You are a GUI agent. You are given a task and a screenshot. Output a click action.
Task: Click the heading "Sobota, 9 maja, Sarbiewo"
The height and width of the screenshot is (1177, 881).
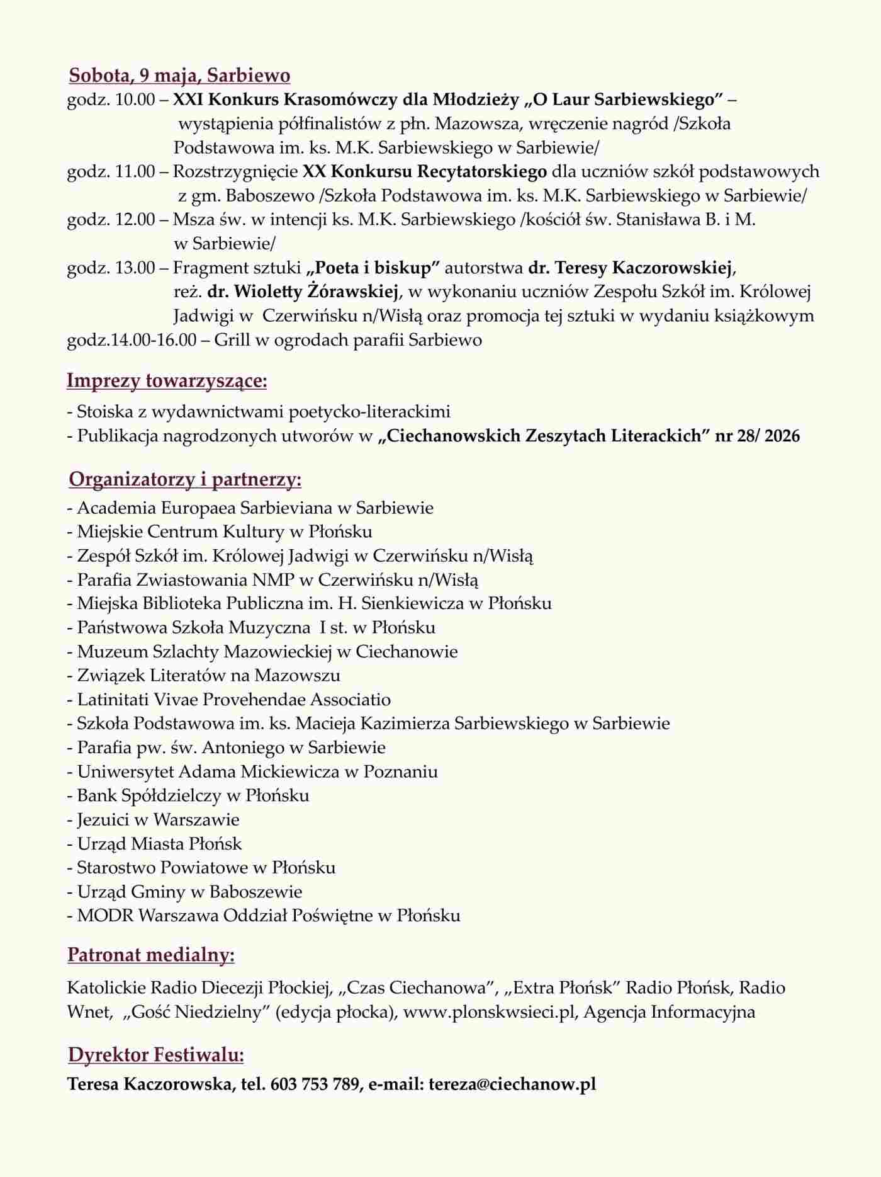pos(179,76)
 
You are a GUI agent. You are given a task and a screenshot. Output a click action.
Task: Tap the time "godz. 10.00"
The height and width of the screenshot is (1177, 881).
pos(111,100)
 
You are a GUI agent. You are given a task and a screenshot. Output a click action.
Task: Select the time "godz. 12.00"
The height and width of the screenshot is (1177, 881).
pos(111,220)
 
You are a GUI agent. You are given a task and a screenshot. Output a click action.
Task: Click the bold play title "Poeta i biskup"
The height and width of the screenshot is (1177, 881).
pos(373,268)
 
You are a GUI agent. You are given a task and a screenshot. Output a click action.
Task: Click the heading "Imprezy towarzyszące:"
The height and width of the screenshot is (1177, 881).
pos(167,381)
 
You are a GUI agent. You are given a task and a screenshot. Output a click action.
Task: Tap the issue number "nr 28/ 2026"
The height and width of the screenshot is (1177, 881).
pos(757,436)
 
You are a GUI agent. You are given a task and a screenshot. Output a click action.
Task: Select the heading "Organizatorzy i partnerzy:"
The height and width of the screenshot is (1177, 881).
pos(185,479)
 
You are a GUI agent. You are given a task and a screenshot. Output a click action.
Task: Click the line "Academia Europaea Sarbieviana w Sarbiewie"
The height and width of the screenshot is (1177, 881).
pos(255,508)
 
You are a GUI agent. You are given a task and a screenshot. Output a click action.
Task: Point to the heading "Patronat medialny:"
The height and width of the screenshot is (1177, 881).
pos(151,955)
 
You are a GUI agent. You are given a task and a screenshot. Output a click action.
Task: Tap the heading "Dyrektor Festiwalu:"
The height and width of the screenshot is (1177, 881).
pos(156,1055)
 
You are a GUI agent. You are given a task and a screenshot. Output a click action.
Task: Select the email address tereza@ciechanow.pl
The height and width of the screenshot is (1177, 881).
pos(512,1084)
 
